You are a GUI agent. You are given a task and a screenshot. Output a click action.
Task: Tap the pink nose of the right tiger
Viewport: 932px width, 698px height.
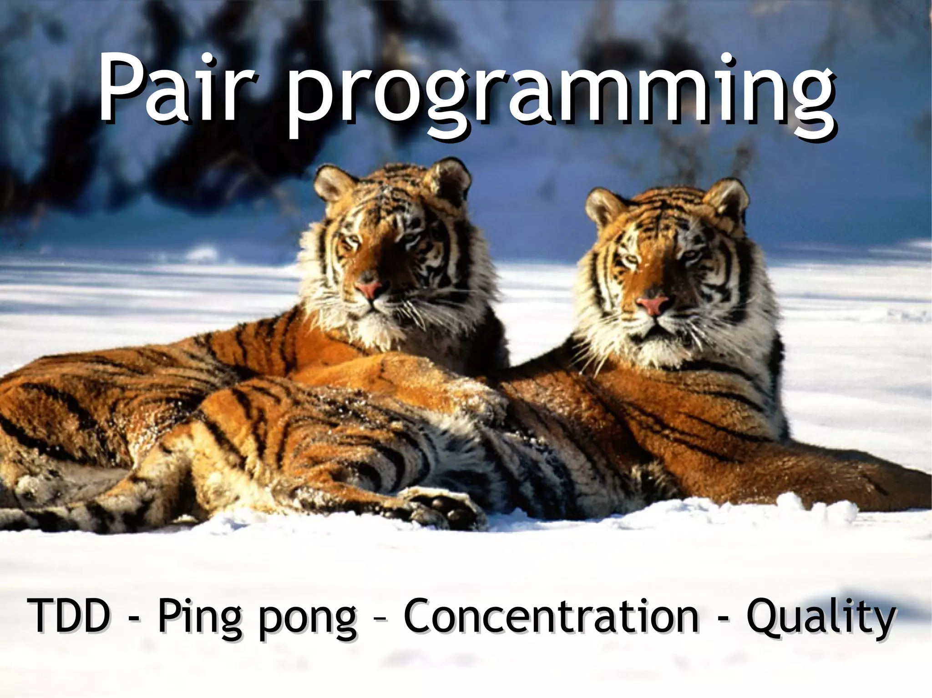[652, 304]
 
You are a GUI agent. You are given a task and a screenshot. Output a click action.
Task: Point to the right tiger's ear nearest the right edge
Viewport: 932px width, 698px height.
[730, 200]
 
